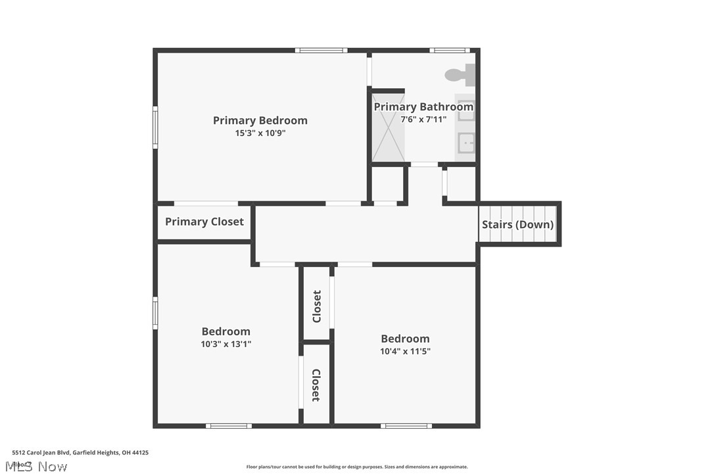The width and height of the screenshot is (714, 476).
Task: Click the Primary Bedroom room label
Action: click(260, 120)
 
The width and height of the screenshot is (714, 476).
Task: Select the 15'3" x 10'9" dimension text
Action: click(260, 133)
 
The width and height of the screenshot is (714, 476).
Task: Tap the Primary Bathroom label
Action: click(423, 107)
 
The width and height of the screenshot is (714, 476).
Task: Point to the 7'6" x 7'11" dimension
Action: click(423, 119)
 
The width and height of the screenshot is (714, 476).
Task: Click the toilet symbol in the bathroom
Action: click(460, 75)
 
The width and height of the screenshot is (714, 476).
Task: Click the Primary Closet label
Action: click(204, 222)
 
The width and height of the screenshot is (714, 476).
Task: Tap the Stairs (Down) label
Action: click(517, 224)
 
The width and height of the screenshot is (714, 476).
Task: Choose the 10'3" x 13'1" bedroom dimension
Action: click(226, 344)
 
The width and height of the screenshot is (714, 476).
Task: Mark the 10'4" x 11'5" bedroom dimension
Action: click(405, 351)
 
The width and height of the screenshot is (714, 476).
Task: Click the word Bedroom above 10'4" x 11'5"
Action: click(405, 339)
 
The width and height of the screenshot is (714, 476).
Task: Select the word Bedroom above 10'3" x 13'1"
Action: click(226, 331)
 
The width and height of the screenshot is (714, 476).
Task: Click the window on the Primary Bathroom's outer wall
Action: click(449, 50)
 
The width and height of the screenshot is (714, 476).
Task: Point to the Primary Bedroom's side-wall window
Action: click(156, 128)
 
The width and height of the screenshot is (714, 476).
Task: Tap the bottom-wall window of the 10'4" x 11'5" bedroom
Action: click(406, 426)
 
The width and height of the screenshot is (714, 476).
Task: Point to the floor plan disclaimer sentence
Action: click(357, 467)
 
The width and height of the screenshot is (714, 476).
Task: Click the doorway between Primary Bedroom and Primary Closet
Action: click(206, 204)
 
